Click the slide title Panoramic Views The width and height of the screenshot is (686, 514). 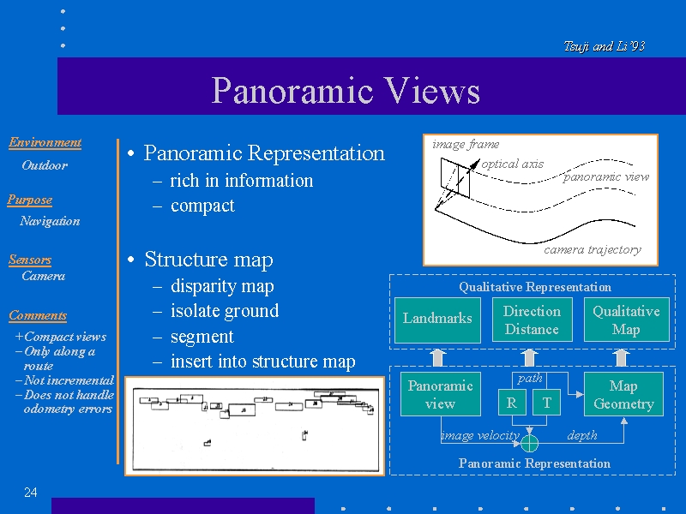click(346, 91)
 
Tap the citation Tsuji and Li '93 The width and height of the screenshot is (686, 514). click(605, 46)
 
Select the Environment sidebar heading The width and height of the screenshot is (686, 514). click(45, 142)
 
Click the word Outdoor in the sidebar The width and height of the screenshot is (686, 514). click(45, 165)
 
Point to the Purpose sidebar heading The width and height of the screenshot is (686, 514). click(30, 200)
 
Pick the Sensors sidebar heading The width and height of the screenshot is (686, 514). click(30, 260)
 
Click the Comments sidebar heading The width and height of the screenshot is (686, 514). click(38, 315)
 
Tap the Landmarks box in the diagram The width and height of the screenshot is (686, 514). click(437, 319)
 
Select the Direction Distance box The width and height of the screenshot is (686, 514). click(532, 320)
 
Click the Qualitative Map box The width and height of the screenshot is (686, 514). click(626, 320)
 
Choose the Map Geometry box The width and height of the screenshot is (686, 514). click(623, 394)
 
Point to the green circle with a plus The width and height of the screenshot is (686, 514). click(530, 443)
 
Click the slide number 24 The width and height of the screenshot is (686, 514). click(31, 492)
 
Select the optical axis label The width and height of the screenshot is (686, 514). click(513, 164)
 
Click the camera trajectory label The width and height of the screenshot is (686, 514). click(593, 249)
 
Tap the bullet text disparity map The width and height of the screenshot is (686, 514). click(222, 286)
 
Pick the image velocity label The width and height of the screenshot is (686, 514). click(480, 435)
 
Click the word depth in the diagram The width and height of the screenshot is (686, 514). click(582, 435)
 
